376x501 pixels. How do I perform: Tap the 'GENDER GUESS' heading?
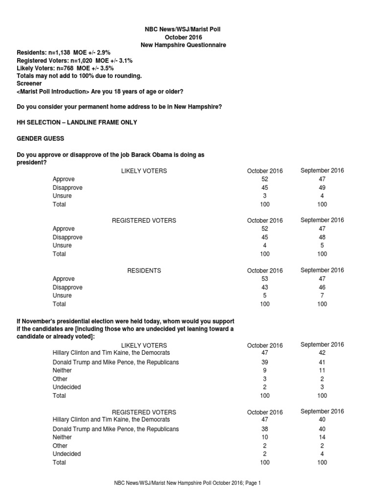(x=41, y=139)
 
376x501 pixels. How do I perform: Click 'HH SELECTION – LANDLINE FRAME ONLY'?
(x=77, y=122)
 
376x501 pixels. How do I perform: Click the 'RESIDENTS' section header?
(x=144, y=271)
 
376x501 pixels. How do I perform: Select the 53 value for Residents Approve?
(x=265, y=279)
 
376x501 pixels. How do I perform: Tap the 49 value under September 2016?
(x=322, y=187)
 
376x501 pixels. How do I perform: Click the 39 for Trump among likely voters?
(x=265, y=362)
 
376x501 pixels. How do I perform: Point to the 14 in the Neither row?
(x=322, y=437)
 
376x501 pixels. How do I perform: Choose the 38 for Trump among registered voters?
(x=265, y=429)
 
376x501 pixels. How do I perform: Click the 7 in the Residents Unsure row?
(x=322, y=296)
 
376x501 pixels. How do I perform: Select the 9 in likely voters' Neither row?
(x=265, y=370)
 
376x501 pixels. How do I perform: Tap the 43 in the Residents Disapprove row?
(x=265, y=287)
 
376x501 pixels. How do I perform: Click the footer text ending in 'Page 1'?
(x=188, y=483)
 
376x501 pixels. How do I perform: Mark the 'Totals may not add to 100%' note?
(x=79, y=76)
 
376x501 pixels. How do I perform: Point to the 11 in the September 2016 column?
(x=322, y=370)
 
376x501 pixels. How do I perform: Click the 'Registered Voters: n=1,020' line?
(x=74, y=61)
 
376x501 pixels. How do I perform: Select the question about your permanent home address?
(x=119, y=106)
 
